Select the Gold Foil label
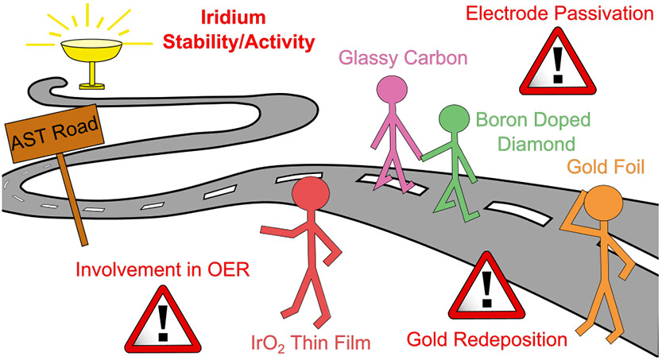603,168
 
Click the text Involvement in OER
162,269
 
